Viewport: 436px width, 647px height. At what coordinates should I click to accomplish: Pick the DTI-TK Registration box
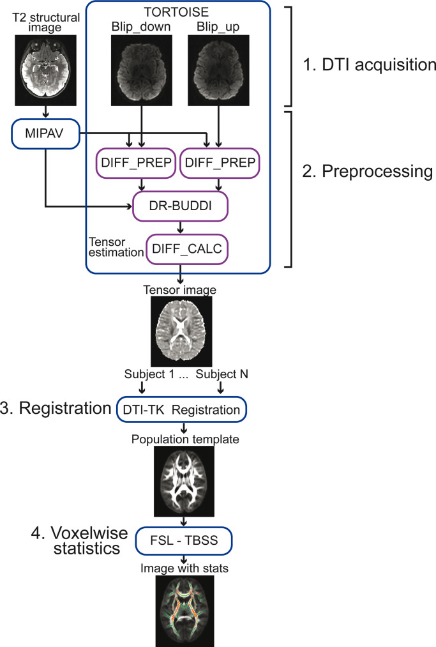[181, 409]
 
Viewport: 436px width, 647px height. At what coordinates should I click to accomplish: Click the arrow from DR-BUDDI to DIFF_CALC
[181, 227]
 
